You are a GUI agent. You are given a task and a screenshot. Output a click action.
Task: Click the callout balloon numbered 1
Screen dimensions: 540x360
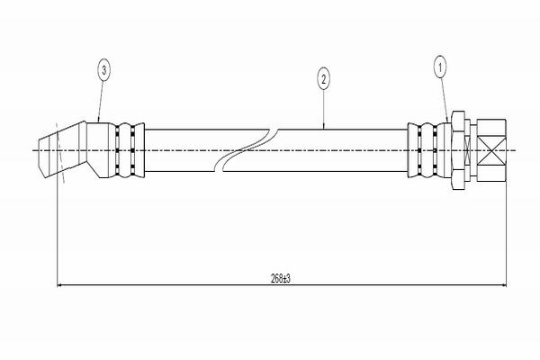[x=440, y=66]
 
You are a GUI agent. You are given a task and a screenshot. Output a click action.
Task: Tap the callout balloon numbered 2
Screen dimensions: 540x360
[x=323, y=79]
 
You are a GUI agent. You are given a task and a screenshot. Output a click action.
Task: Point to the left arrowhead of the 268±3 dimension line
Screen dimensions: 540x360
[x=61, y=286]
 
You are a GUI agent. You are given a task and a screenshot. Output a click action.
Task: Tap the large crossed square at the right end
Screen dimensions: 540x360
[x=491, y=149]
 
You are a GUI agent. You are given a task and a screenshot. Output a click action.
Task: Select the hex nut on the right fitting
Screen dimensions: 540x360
[x=457, y=149]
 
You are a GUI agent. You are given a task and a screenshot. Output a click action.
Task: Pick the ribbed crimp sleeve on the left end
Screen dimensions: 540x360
[x=126, y=149]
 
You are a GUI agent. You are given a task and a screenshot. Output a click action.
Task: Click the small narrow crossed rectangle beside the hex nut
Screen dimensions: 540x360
[x=471, y=149]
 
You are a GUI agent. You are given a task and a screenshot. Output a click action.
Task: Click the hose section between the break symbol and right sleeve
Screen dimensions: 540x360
[x=342, y=149]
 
